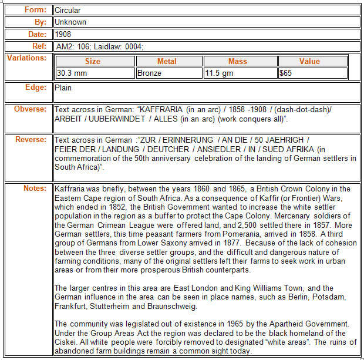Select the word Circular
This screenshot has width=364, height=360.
pos(68,10)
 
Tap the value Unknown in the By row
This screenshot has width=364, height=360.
pos(70,22)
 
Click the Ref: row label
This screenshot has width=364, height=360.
pos(38,46)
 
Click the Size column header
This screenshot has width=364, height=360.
pos(93,61)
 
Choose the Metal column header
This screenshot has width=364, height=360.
pos(167,61)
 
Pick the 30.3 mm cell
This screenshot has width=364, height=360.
pos(72,73)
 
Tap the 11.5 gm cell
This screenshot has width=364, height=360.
pos(220,73)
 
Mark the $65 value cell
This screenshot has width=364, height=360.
pos(286,73)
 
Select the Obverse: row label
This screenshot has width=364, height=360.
pos(30,109)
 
